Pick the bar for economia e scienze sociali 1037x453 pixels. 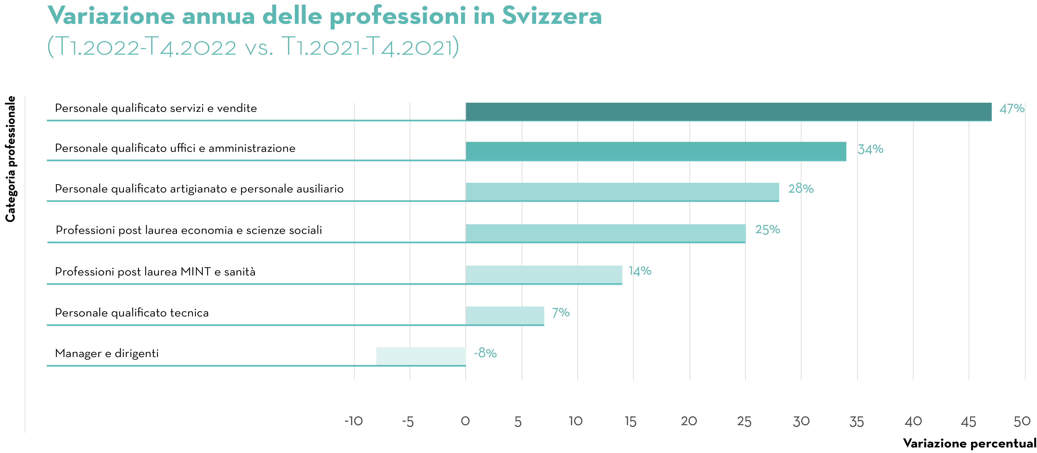pos(605,233)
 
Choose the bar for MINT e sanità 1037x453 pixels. pos(543,274)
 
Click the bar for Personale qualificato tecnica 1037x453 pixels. pos(504,316)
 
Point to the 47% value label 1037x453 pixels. pos(1011,109)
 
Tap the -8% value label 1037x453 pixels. pos(485,353)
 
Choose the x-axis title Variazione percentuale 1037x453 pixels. pos(969,443)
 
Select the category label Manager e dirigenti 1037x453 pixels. pos(107,353)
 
